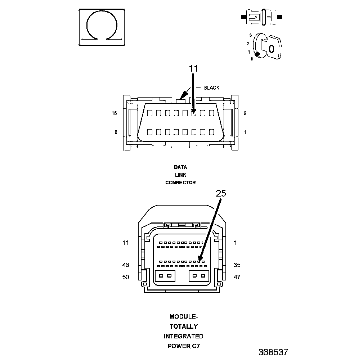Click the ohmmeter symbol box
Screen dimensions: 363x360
[x=102, y=27]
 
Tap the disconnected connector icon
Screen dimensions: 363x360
[x=261, y=17]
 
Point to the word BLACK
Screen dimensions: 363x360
[x=212, y=88]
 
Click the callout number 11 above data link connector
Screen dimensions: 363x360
[x=193, y=68]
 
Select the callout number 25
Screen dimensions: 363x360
[x=221, y=193]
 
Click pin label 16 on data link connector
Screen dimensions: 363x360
[x=114, y=113]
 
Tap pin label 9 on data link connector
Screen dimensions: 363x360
[x=245, y=113]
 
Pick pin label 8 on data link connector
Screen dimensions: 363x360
[x=116, y=132]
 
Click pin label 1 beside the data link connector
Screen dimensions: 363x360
[x=245, y=132]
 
